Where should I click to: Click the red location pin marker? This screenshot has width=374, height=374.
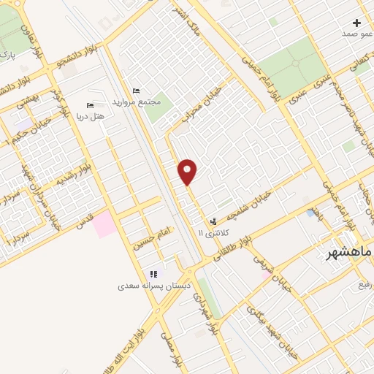pos(188,172)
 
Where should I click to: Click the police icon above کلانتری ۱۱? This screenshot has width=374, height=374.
pos(213,220)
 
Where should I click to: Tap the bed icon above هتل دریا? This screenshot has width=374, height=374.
pos(90,105)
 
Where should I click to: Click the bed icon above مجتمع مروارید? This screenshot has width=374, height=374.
pos(136,90)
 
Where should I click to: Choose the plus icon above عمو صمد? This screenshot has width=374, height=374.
pos(356,23)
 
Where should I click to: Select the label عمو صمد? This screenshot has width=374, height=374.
pos(357,34)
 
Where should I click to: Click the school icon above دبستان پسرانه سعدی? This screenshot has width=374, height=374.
pos(153,274)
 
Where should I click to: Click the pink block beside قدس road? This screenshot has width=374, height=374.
pos(103,222)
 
